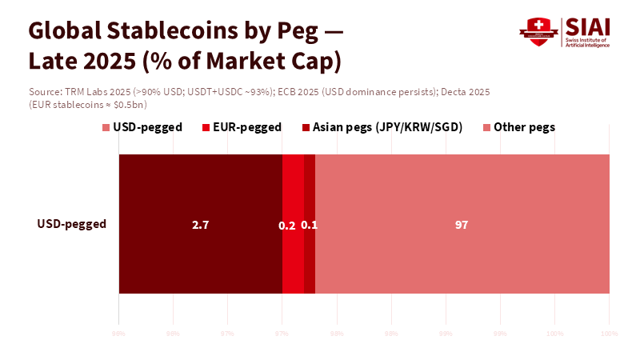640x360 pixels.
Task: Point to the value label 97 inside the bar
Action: click(x=462, y=225)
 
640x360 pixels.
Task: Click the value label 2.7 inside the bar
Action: click(x=200, y=225)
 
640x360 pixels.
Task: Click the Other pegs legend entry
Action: click(x=524, y=127)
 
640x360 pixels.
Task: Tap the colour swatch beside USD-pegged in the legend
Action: click(x=106, y=127)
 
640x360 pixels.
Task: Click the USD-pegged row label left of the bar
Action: click(x=72, y=224)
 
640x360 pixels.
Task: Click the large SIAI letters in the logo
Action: click(x=586, y=26)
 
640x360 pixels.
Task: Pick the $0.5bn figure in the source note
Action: click(x=126, y=105)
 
